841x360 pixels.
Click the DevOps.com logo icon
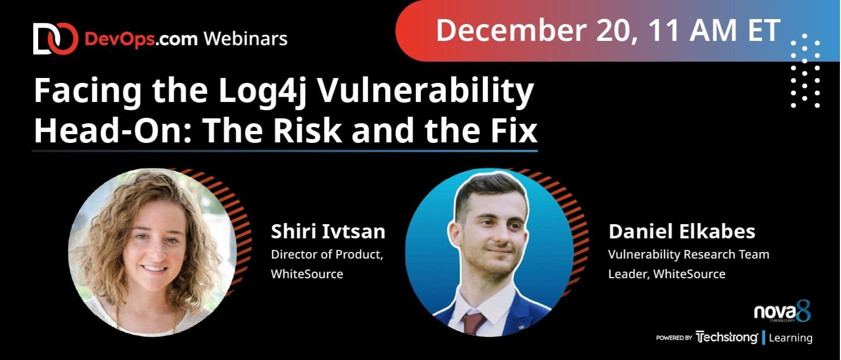click(x=56, y=39)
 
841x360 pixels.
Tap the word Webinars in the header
click(x=246, y=39)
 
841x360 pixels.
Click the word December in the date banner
click(x=511, y=30)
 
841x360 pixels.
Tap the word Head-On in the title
click(x=113, y=130)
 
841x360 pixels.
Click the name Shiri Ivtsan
click(x=328, y=231)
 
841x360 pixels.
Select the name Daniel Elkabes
click(x=682, y=231)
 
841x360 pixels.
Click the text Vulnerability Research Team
click(x=689, y=255)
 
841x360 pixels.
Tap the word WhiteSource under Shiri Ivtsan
click(x=307, y=274)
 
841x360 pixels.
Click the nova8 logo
click(x=783, y=311)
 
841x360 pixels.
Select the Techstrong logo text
click(x=727, y=337)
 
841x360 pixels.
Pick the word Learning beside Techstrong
click(x=791, y=338)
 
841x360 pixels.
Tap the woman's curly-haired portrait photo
click(x=152, y=252)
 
